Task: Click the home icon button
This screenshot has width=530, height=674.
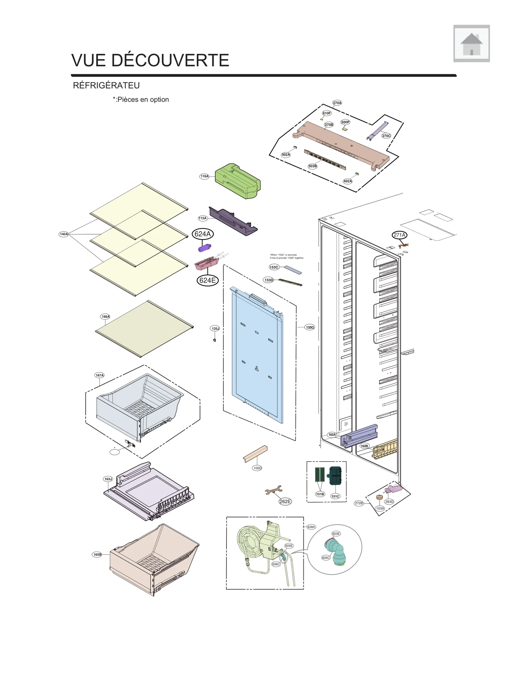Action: point(471,43)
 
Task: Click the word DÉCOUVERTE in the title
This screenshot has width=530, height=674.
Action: point(170,60)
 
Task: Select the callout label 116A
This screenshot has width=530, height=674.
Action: point(204,176)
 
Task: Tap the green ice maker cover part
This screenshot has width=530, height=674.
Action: point(238,181)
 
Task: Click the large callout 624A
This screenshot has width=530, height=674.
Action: point(202,234)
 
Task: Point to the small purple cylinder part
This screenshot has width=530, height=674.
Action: point(204,248)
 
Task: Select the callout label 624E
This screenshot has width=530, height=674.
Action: point(208,281)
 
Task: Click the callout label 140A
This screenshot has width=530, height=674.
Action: point(64,234)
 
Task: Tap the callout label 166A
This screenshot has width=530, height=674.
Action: point(105,316)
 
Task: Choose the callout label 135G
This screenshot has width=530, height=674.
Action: point(310,327)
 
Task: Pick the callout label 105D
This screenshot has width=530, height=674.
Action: point(257,468)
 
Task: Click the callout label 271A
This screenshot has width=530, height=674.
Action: point(399,235)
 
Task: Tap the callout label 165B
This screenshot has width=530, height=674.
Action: point(97,554)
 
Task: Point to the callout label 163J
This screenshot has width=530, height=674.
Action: point(108,479)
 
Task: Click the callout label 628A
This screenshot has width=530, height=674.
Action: point(311,527)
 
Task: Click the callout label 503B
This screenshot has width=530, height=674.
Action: point(312,166)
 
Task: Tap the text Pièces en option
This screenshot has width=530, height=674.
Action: point(143,100)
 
